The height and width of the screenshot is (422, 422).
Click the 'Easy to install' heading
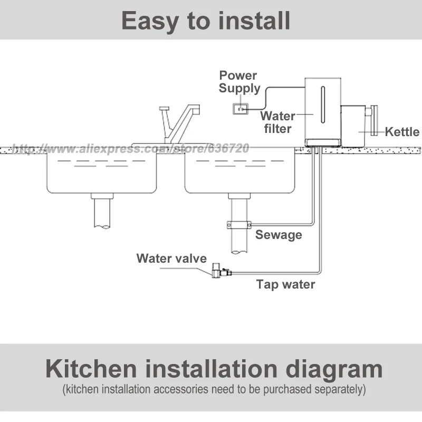pos(206,21)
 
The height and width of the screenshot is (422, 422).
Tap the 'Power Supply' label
pos(239,82)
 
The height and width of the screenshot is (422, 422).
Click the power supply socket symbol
pos(241,109)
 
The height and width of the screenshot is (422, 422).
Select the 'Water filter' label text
pos(277,121)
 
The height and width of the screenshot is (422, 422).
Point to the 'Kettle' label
pos(401,132)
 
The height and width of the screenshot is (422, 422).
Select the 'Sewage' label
pos(279,234)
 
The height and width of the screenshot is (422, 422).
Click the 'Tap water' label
pos(285,285)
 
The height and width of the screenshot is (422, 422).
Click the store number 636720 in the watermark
pos(227,149)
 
